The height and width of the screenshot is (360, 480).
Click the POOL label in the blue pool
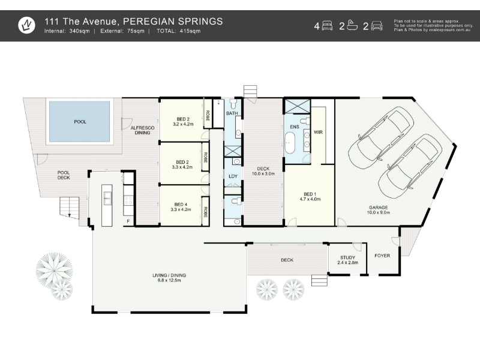pyautogui.click(x=80, y=122)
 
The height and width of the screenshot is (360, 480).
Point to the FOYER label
pyautogui.click(x=382, y=256)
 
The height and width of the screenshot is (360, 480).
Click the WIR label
pyautogui.click(x=318, y=132)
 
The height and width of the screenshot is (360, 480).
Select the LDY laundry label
pyautogui.click(x=233, y=176)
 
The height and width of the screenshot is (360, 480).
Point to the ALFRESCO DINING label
pyautogui.click(x=142, y=130)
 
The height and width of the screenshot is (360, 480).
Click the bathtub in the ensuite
pyautogui.click(x=289, y=143)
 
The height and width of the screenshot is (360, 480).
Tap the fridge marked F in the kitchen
pyautogui.click(x=128, y=221)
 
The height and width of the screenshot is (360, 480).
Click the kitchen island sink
pyautogui.click(x=107, y=198)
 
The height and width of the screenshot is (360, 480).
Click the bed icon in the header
pyautogui.click(x=327, y=26)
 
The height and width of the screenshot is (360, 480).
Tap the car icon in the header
pyautogui.click(x=377, y=26)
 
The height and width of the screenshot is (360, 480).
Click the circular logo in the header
pyautogui.click(x=26, y=25)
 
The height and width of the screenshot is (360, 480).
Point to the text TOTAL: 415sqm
pyautogui.click(x=178, y=31)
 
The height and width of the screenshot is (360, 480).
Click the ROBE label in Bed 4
pyautogui.click(x=205, y=212)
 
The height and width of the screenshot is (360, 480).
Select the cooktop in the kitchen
pyautogui.click(x=128, y=200)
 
